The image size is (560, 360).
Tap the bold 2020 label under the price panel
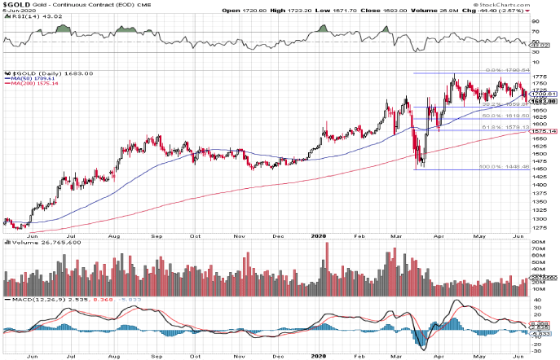coord(319,237)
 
